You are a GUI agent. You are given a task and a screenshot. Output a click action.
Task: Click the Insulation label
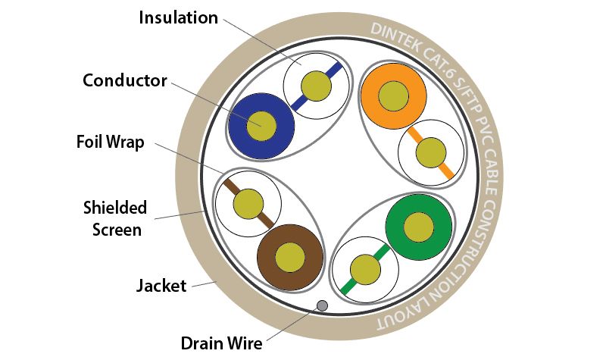pyautogui.click(x=178, y=17)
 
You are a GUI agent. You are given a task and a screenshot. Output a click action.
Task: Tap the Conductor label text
pyautogui.click(x=125, y=80)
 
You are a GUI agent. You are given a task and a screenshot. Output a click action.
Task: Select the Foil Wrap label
pyautogui.click(x=110, y=142)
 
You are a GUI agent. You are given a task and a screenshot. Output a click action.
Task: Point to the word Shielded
pyautogui.click(x=115, y=208)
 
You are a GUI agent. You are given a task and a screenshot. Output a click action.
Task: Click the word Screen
pyautogui.click(x=117, y=230)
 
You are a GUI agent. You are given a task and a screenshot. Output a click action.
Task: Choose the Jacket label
pyautogui.click(x=161, y=286)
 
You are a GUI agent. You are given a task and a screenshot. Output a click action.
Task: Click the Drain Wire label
pyautogui.click(x=221, y=343)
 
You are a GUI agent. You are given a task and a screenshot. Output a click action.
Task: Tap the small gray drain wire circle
pyautogui.click(x=322, y=306)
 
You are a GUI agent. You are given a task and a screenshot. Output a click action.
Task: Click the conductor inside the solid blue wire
pyautogui.click(x=261, y=126)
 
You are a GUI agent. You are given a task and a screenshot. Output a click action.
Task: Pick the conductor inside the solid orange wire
pyautogui.click(x=393, y=96)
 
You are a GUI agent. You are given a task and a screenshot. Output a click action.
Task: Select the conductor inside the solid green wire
pyautogui.click(x=419, y=227)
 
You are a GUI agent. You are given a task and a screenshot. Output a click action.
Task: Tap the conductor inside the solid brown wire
pyautogui.click(x=290, y=258)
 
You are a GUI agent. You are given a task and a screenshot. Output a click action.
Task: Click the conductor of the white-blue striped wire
pyautogui.click(x=316, y=86)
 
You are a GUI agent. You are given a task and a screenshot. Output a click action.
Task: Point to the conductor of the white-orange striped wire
pyautogui.click(x=431, y=153)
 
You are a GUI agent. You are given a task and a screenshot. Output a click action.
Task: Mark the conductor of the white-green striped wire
pyautogui.click(x=365, y=270)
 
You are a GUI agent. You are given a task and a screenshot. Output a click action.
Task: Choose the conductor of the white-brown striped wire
pyautogui.click(x=248, y=204)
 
